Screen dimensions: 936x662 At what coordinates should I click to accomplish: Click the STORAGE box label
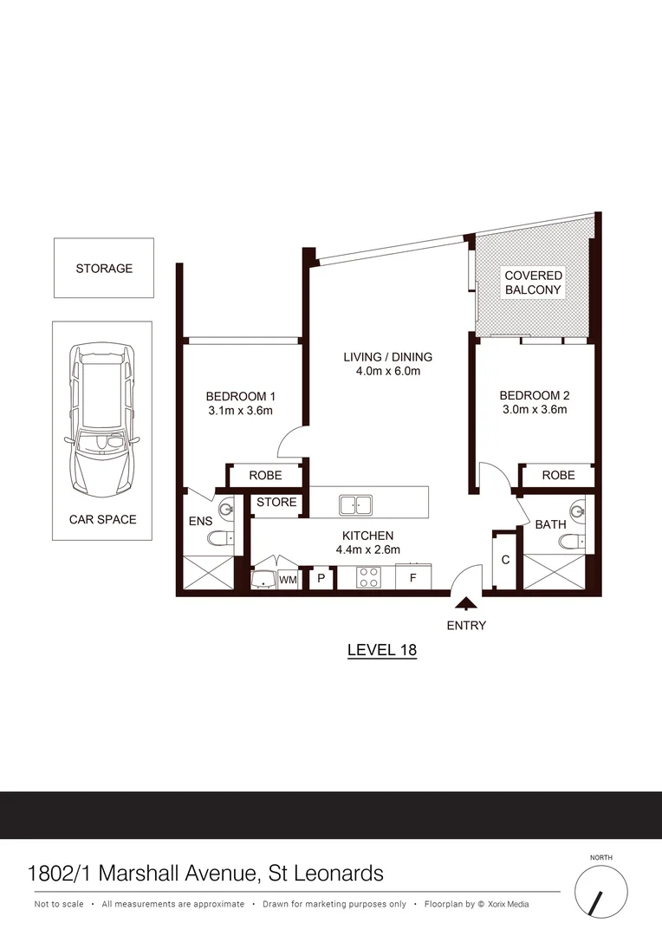104,269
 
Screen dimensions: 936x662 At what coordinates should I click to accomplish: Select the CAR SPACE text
103,520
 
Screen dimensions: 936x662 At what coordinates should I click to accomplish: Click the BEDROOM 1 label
239,396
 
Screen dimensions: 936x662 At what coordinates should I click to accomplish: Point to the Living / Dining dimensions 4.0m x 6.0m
387,372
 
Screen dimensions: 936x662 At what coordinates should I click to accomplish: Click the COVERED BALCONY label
533,283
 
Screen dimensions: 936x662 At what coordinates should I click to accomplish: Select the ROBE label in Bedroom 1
265,476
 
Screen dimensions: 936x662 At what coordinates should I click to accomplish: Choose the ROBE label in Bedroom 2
558,476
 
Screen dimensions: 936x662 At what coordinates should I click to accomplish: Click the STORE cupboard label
276,503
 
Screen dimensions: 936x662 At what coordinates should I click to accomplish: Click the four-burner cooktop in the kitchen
368,577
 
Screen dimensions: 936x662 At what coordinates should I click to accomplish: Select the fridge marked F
413,577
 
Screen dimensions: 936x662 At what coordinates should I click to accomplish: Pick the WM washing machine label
288,579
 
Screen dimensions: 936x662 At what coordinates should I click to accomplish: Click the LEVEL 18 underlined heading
382,649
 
